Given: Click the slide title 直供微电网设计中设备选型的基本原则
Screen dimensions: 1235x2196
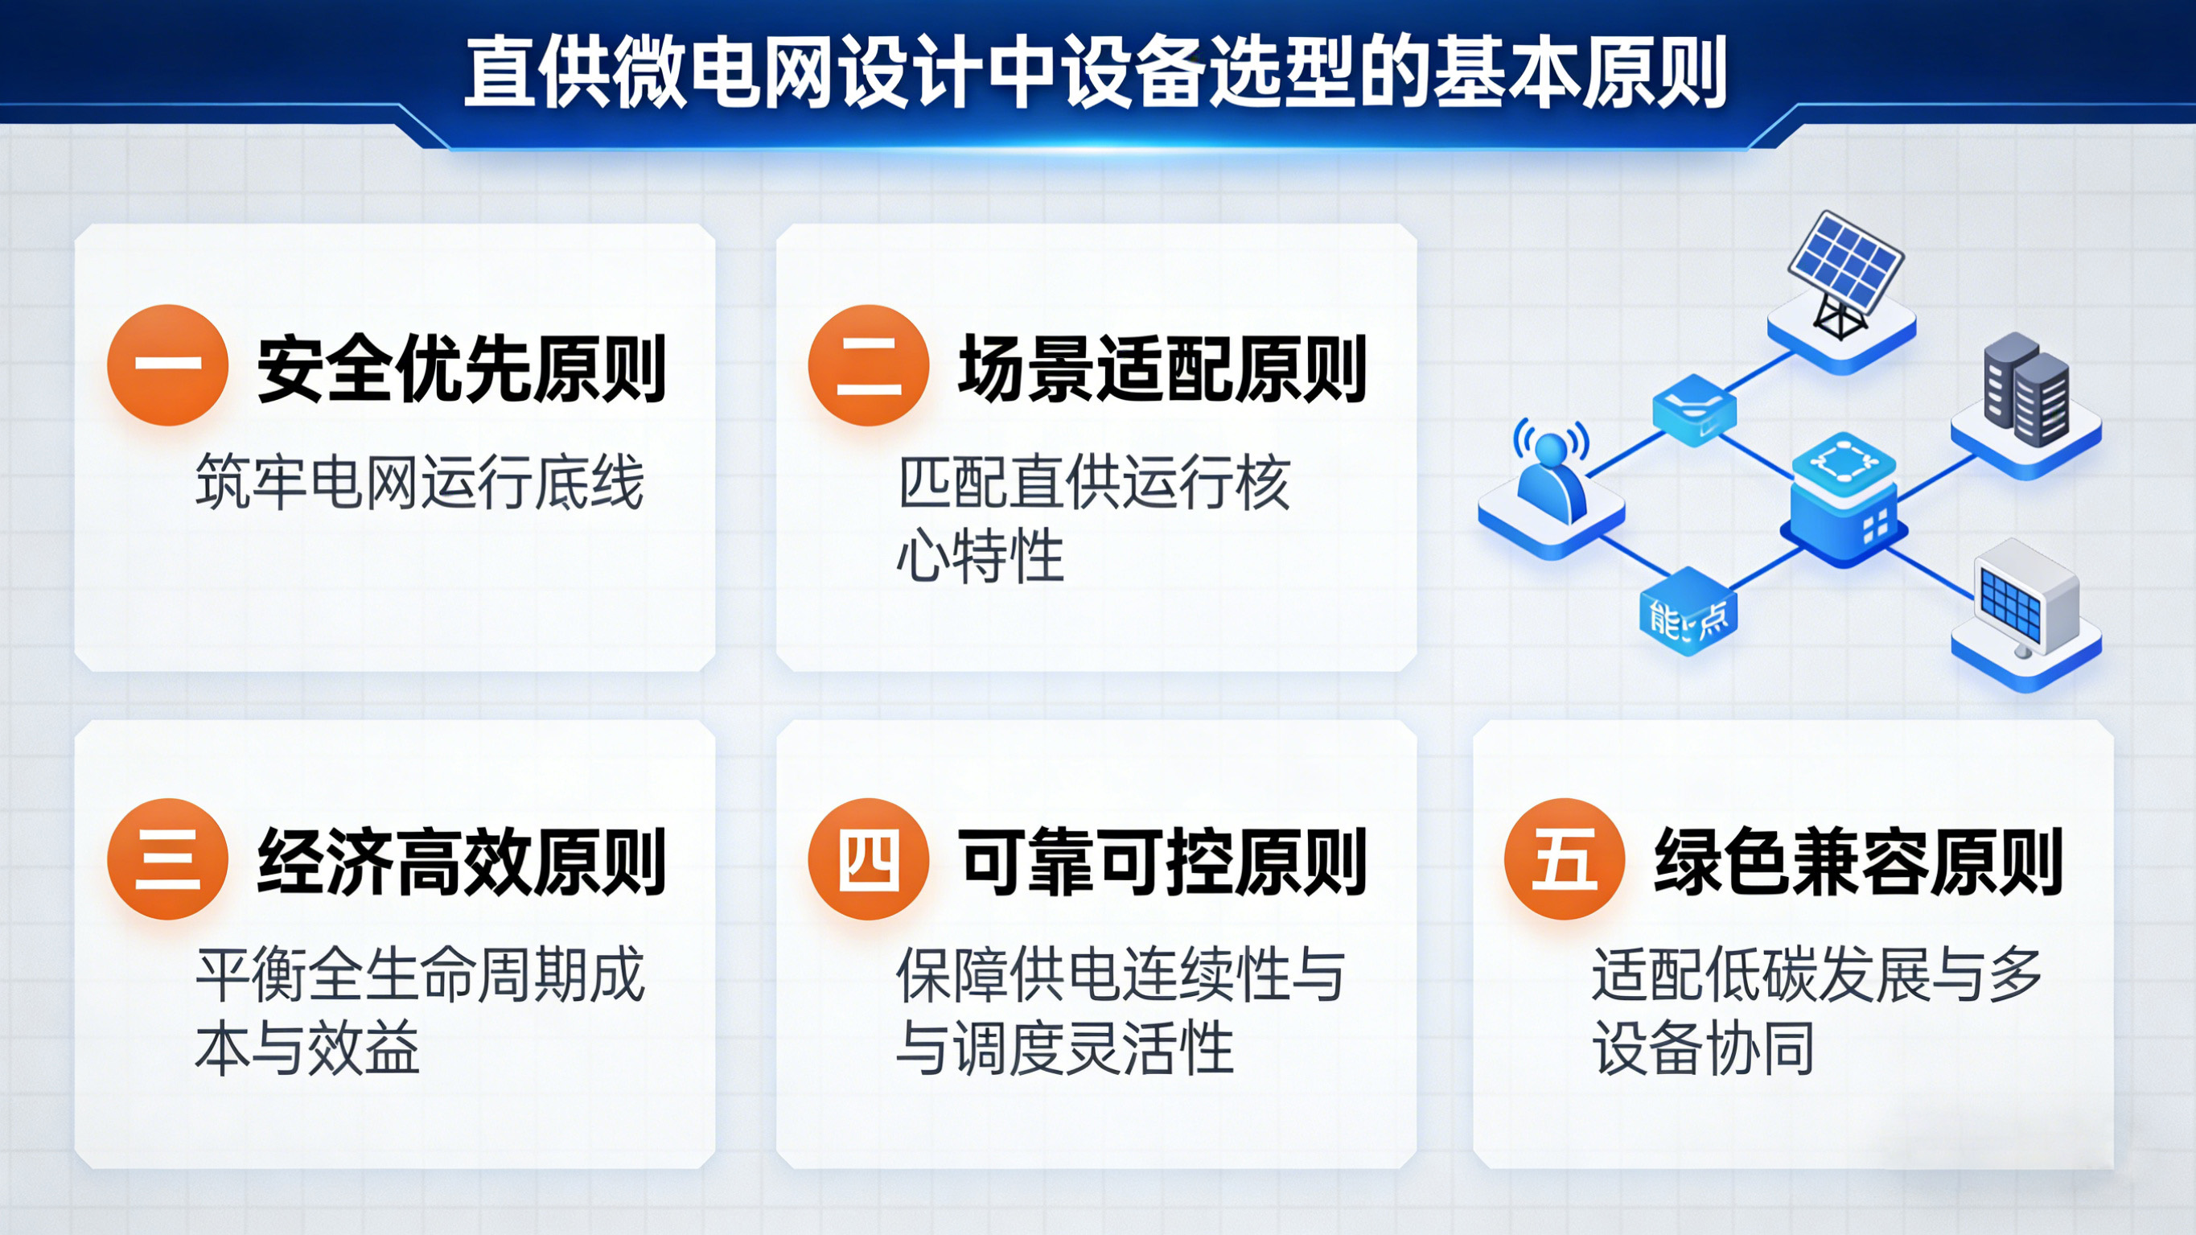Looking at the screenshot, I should click(1096, 72).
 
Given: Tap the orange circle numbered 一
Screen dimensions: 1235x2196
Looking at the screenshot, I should click(167, 365).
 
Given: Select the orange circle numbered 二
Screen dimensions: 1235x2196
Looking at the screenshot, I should click(868, 365).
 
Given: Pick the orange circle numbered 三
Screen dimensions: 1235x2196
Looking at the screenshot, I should click(167, 859).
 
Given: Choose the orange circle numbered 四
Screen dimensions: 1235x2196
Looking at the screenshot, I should click(868, 859).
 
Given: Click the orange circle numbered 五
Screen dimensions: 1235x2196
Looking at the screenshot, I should click(1565, 859).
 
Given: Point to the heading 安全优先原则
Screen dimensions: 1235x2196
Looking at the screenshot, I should click(461, 368).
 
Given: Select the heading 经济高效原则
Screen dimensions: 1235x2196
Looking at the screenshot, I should click(461, 862).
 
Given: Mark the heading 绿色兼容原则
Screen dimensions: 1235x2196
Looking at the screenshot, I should click(1858, 862).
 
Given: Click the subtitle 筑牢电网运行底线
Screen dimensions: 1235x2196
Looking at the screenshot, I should click(419, 483).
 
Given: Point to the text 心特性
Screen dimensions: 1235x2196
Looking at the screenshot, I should click(981, 556).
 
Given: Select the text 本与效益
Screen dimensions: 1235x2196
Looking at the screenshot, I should click(308, 1048).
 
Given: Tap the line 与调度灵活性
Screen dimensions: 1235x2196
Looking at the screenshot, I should click(1066, 1048).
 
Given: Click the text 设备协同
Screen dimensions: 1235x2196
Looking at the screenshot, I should click(1703, 1048).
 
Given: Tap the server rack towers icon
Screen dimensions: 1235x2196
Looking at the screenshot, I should click(2025, 393).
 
